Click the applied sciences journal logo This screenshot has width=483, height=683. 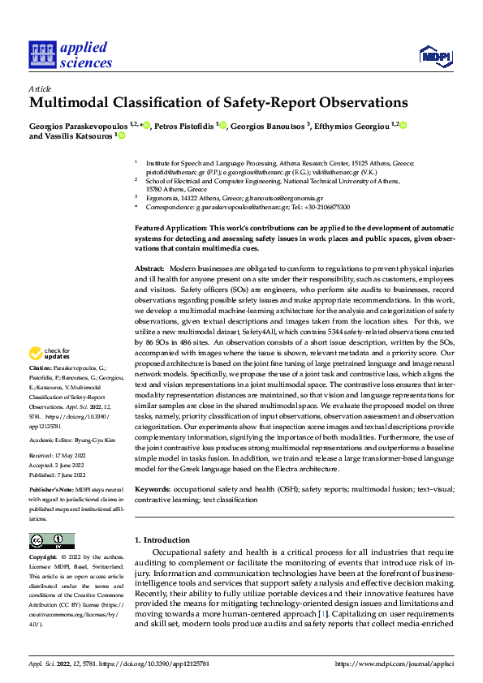pyautogui.click(x=71, y=54)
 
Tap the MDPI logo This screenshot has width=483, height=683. pyautogui.click(x=434, y=54)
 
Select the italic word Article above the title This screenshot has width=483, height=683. pyautogui.click(x=40, y=88)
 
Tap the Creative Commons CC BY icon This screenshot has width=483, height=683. pyautogui.click(x=51, y=540)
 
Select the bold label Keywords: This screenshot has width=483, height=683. pyautogui.click(x=153, y=490)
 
